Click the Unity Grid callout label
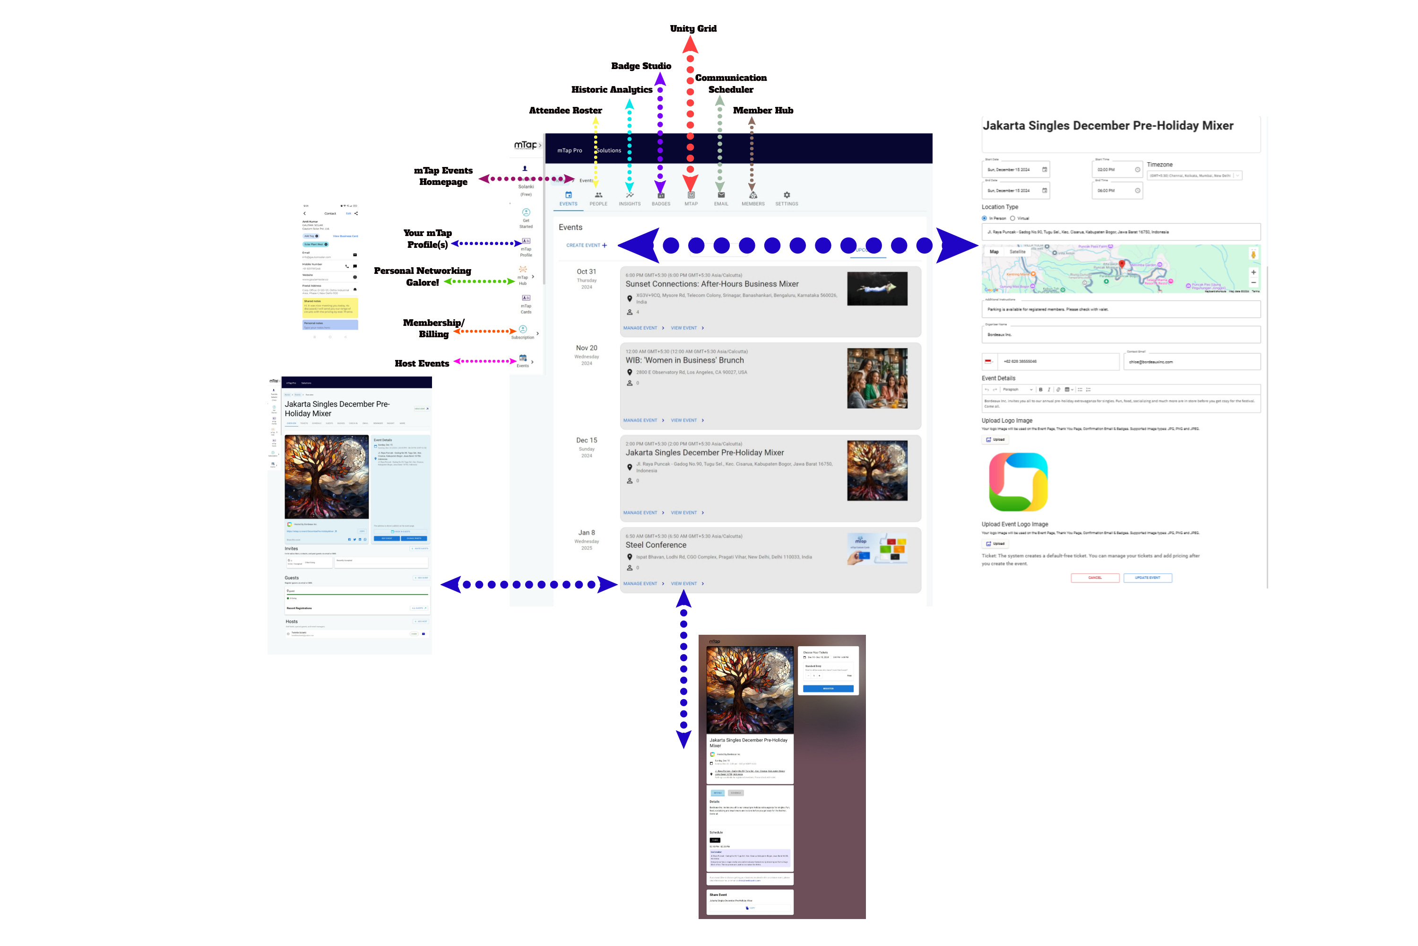coord(693,28)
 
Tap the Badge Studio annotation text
coord(640,66)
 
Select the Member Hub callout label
coord(763,110)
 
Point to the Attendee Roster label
coord(565,110)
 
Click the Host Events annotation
coord(422,363)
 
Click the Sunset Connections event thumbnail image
coord(877,289)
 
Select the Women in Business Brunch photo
coord(877,378)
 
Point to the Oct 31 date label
coord(586,272)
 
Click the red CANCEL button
coord(1094,578)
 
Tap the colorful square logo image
coord(1018,482)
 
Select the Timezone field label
coord(1159,165)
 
